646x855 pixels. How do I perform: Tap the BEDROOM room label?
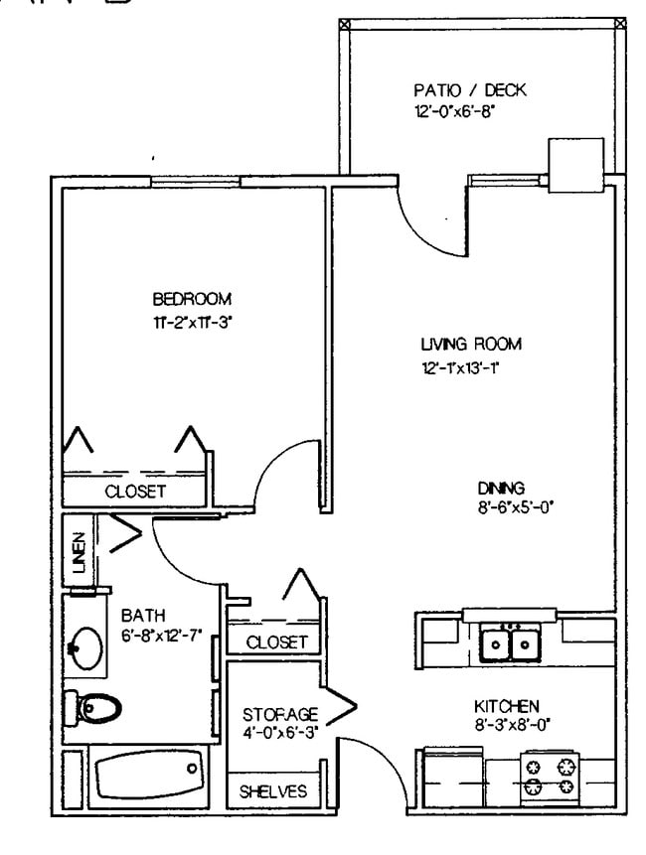click(192, 299)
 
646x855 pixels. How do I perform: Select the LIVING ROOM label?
click(470, 345)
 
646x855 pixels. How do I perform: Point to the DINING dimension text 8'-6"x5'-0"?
click(515, 504)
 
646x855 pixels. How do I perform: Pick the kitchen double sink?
click(508, 644)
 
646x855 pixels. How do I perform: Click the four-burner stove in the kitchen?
click(551, 777)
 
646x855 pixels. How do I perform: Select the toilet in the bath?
click(93, 707)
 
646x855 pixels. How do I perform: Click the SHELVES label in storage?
click(273, 791)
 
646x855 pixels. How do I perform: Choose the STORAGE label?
click(280, 714)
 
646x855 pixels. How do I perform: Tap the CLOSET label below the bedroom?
click(136, 491)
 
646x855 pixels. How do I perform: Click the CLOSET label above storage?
click(276, 642)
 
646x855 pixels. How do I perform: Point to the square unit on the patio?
click(575, 163)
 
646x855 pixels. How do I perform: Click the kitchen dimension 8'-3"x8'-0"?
click(507, 724)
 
